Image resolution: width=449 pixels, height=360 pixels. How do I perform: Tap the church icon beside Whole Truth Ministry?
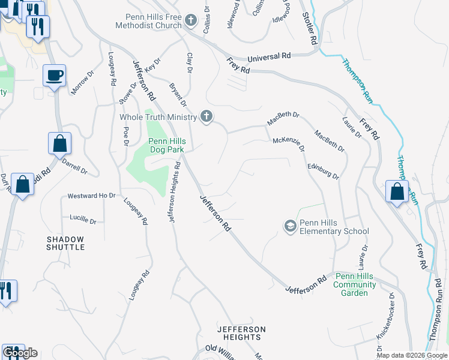206,116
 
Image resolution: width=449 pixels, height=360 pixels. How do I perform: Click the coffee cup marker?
55,76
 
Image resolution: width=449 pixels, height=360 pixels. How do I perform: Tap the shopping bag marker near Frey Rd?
397,191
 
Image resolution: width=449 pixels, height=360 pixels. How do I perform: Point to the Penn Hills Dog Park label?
167,146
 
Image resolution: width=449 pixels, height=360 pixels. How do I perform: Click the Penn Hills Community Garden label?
355,284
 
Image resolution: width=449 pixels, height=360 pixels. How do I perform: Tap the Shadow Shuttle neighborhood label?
65,243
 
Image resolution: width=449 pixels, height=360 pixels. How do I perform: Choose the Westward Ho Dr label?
91,196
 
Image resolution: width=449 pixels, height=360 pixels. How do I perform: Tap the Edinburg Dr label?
323,171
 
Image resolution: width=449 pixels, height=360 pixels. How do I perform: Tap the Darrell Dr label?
75,167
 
